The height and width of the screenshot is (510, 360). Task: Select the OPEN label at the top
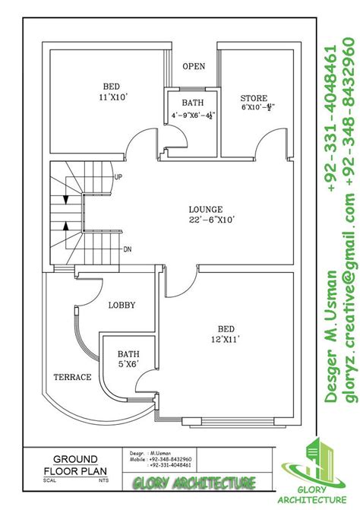tap(194, 66)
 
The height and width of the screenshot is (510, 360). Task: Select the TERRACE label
tap(72, 377)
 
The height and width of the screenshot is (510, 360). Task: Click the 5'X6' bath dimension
tap(128, 365)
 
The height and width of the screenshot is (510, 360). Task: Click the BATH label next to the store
tap(191, 103)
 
